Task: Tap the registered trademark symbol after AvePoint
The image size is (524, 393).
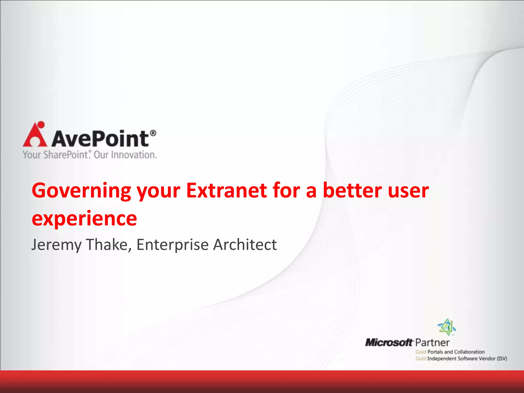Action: click(x=153, y=133)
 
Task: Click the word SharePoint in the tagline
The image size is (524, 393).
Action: click(x=66, y=155)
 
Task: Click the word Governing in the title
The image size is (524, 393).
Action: click(x=81, y=191)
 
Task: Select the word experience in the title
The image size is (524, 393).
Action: click(x=84, y=219)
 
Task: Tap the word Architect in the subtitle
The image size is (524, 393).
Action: click(x=245, y=244)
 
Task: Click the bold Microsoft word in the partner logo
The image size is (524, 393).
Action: click(x=388, y=342)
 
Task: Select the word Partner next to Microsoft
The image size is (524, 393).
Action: click(x=432, y=343)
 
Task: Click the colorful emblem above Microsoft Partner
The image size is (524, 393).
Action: click(x=447, y=327)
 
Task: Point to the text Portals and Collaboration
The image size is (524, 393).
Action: click(x=456, y=352)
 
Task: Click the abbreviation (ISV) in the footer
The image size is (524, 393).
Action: click(x=502, y=359)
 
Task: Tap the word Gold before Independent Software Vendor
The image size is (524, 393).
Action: click(x=421, y=359)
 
